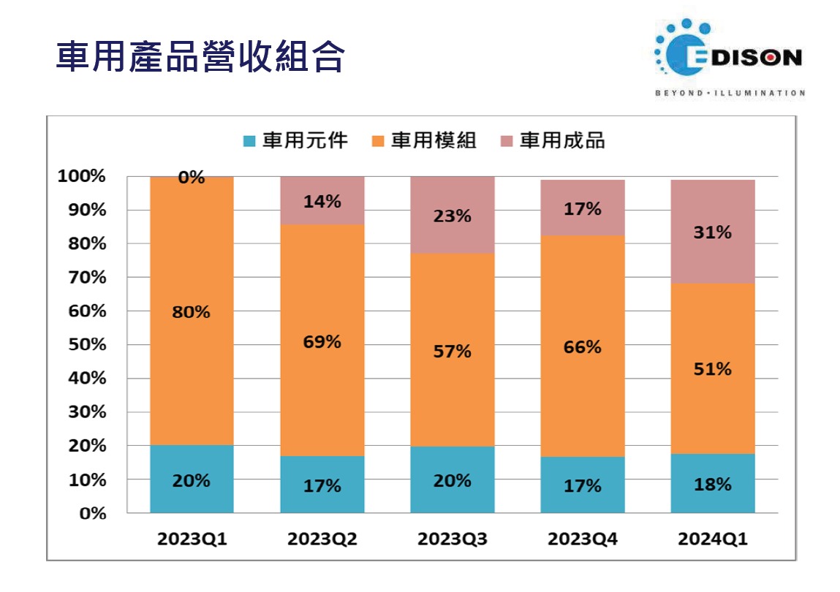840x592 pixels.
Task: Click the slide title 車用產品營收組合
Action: tap(200, 57)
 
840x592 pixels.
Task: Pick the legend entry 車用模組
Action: tap(425, 140)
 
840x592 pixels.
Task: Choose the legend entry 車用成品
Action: tap(553, 140)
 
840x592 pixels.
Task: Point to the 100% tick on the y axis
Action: tap(82, 176)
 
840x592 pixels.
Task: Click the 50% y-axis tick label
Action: tap(86, 345)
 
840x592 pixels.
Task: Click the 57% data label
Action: tap(453, 352)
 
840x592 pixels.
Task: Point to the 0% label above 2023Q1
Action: tap(192, 178)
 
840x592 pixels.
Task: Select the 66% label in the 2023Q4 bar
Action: tap(583, 347)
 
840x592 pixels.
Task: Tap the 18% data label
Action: tap(713, 485)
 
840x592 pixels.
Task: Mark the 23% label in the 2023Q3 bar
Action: tap(453, 216)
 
